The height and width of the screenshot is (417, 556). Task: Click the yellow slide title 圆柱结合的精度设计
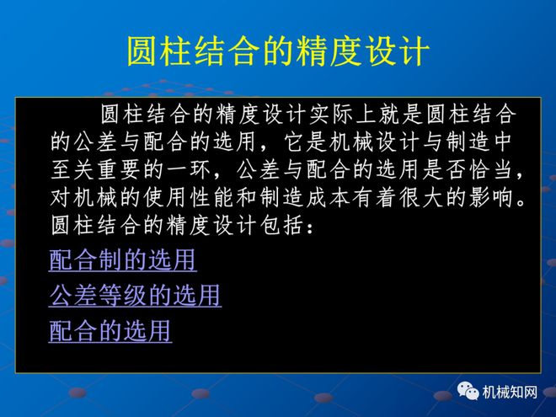tap(277, 52)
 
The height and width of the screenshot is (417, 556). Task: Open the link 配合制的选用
tap(122, 260)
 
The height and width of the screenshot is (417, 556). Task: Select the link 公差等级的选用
tap(135, 296)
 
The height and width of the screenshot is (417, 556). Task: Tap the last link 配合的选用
tap(110, 331)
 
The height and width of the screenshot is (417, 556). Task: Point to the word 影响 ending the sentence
tap(500, 200)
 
